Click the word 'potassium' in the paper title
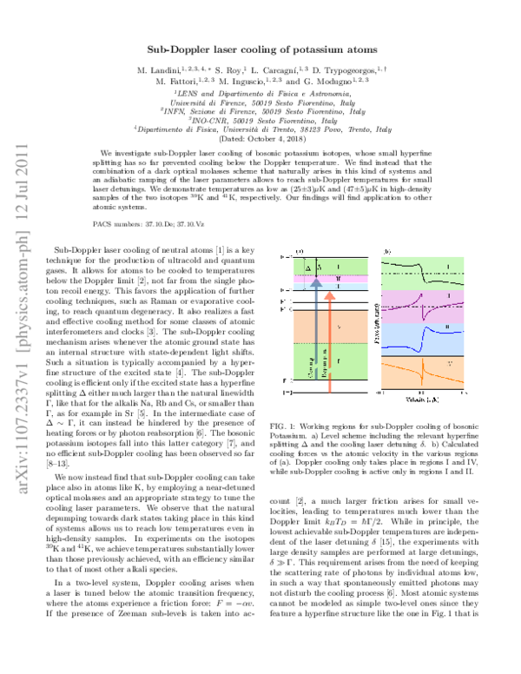303,51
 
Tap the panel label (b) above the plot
388,251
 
